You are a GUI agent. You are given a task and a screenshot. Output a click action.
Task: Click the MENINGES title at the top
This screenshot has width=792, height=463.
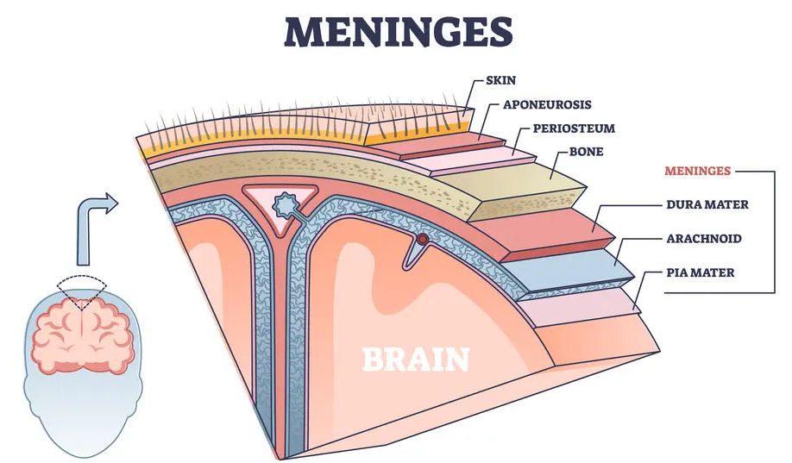click(396, 32)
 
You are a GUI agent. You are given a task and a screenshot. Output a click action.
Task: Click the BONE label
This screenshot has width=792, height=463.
click(586, 152)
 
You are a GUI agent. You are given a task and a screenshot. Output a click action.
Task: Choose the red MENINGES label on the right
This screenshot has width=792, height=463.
click(696, 171)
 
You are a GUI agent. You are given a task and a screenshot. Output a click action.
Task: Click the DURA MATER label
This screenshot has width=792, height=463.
click(706, 205)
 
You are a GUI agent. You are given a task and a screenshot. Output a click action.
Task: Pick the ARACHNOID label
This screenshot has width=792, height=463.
click(704, 238)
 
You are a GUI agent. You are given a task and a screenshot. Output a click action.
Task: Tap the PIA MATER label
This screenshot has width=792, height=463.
click(700, 272)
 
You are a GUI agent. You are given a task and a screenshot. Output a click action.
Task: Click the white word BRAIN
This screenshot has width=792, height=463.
click(416, 357)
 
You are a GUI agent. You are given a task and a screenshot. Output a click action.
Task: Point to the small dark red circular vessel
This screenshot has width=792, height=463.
click(423, 239)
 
